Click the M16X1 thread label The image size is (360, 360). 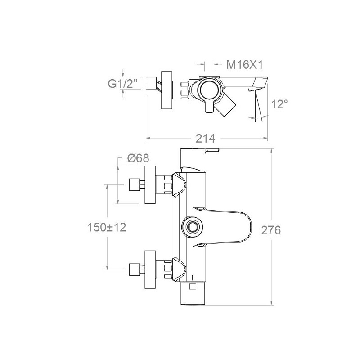[x=244, y=65]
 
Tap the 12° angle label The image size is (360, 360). [x=279, y=104]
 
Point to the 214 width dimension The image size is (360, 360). [x=206, y=139]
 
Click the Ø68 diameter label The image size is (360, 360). [x=138, y=158]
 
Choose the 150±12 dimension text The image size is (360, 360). [x=107, y=228]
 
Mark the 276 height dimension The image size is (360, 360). [x=271, y=230]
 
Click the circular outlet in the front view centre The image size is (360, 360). [x=193, y=227]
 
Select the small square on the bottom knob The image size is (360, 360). [x=193, y=286]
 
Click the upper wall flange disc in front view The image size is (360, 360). [x=150, y=185]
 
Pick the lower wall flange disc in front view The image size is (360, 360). [x=150, y=270]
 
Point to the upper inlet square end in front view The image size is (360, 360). [x=134, y=185]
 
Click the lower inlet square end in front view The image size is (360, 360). [x=134, y=270]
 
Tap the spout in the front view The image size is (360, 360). [x=221, y=227]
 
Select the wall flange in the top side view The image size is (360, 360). [x=166, y=90]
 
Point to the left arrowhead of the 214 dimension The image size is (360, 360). [x=148, y=138]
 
